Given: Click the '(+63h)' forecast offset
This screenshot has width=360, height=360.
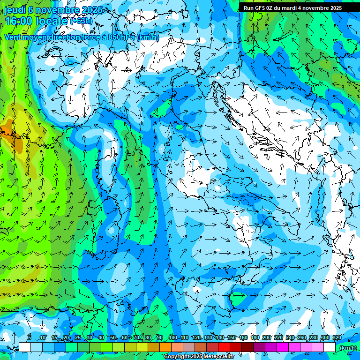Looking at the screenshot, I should (x=81, y=21).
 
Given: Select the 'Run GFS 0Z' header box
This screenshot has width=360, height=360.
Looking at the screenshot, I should (x=292, y=8).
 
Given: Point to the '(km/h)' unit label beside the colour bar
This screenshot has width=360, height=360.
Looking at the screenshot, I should (x=348, y=348).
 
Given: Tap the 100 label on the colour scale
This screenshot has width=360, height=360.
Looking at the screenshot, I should (x=172, y=337).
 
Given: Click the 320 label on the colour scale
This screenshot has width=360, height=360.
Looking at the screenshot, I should (x=337, y=337).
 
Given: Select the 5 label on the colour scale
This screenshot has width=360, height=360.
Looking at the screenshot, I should (x=30, y=337).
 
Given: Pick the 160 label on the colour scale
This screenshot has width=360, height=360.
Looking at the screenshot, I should (x=243, y=337).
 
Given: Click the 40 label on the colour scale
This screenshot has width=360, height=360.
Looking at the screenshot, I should (x=101, y=337).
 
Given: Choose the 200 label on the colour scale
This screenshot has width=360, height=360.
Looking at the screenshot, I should (x=267, y=337).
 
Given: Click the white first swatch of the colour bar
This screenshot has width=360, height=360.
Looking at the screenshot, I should (x=24, y=347).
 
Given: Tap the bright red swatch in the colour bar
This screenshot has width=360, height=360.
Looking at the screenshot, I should (x=224, y=347).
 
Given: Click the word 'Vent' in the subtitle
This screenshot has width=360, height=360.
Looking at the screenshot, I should (x=13, y=37).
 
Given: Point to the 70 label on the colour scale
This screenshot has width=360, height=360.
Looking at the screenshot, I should (x=136, y=337).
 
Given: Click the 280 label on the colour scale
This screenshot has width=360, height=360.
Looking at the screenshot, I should (x=313, y=337).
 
